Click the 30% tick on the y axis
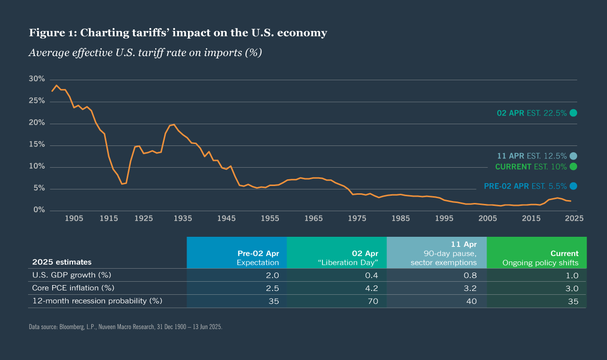click(37, 79)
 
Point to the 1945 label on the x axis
click(226, 218)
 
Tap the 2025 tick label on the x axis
click(574, 218)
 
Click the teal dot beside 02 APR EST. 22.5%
click(573, 113)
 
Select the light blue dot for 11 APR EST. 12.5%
click(573, 156)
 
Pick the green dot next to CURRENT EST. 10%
click(573, 167)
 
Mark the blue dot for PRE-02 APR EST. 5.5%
click(573, 186)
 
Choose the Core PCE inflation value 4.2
click(371, 288)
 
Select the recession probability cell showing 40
click(472, 301)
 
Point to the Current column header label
click(564, 253)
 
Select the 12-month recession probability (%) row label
click(97, 301)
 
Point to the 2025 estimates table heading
click(61, 262)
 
